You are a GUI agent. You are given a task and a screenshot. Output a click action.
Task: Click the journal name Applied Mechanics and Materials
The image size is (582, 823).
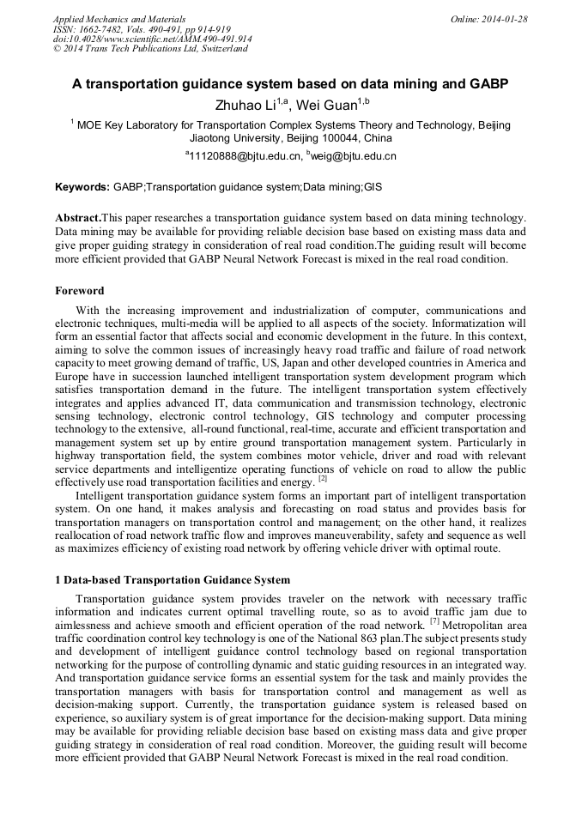118,18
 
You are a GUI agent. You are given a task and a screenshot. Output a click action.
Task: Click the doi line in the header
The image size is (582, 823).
152,39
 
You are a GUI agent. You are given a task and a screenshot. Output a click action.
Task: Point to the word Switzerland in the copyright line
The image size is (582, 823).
222,49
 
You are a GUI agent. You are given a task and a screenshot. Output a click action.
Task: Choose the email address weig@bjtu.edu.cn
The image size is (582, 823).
355,156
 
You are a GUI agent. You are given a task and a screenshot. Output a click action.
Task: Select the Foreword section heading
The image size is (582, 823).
80,291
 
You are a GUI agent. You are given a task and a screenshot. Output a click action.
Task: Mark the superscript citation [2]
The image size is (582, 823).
323,478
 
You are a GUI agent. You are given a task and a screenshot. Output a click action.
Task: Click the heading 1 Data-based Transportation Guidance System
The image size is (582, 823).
173,580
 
